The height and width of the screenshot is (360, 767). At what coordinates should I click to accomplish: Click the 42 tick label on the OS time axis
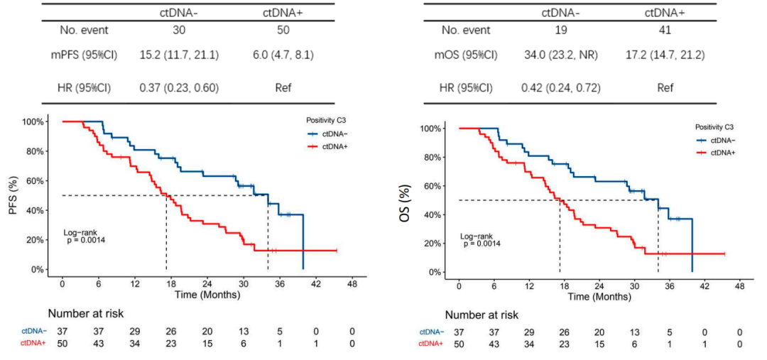[x=704, y=286]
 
